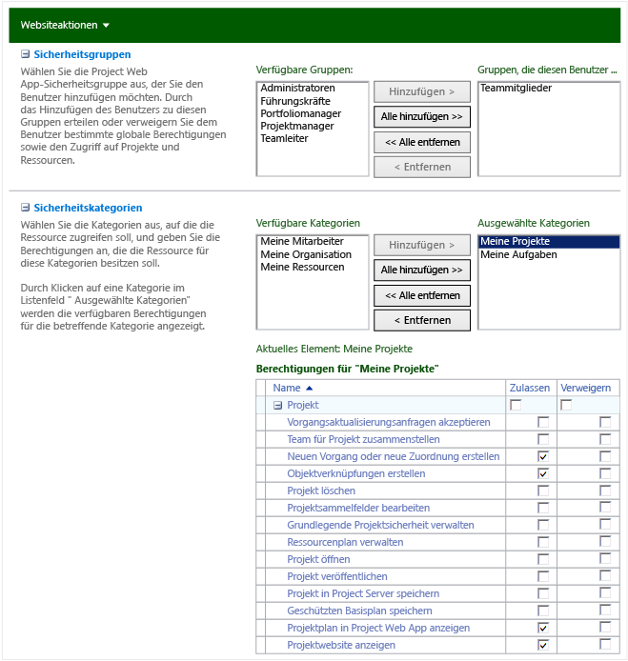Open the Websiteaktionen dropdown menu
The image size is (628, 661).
[65, 25]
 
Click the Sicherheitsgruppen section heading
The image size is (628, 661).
[82, 55]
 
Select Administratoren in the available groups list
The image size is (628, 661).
[297, 89]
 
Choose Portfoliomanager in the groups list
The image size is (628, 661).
[300, 113]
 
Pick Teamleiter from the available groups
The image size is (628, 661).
[284, 138]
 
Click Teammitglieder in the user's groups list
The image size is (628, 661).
[517, 89]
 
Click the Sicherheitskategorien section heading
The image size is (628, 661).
[88, 208]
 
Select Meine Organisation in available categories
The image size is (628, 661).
[306, 254]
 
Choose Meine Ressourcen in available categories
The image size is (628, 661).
[302, 267]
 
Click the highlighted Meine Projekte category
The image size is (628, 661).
[516, 242]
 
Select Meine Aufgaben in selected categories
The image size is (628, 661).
[519, 254]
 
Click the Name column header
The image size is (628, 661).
[287, 389]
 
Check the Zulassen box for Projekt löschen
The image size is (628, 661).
[543, 491]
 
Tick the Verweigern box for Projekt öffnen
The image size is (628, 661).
[605, 559]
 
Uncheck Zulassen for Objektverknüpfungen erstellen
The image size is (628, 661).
[543, 473]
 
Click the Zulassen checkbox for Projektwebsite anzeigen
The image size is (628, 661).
[543, 645]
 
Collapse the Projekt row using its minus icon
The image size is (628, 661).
[278, 406]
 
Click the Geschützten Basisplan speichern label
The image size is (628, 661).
[359, 611]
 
